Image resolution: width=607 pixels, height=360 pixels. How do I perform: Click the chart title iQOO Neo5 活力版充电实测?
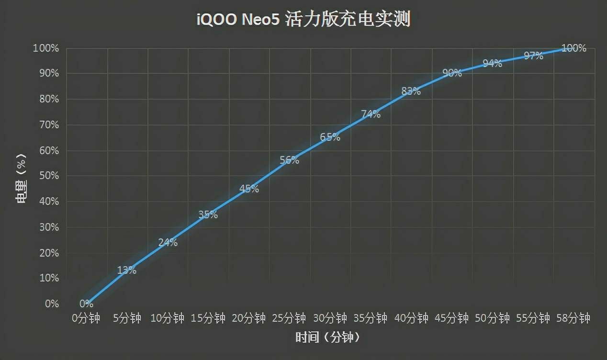tap(303, 21)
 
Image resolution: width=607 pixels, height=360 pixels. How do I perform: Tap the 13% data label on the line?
tap(127, 270)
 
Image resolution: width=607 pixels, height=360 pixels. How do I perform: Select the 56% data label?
tap(290, 160)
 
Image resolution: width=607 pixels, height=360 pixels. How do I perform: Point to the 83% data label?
tap(411, 91)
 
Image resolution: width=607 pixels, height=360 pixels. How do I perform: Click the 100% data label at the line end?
tap(573, 48)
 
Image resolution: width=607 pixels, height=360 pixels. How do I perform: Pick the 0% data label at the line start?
tap(86, 304)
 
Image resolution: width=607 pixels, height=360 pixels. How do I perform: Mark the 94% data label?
tap(492, 63)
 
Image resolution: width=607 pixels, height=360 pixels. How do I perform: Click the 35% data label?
tap(208, 215)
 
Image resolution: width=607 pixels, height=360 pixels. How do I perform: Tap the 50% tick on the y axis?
tap(46, 176)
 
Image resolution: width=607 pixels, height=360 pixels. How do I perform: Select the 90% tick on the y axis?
tap(46, 74)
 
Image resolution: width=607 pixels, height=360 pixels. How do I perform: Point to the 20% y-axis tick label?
tap(46, 253)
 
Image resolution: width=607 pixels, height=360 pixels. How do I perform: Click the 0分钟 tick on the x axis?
tap(86, 318)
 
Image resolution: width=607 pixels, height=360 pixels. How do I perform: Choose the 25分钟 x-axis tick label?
tap(289, 318)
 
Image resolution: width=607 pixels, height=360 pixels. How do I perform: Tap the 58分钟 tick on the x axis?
tap(573, 318)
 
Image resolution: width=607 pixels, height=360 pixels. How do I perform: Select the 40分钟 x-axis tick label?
tap(411, 318)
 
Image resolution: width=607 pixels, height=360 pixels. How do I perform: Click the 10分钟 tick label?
tap(168, 318)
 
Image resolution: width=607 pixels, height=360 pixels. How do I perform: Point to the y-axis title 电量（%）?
tap(22, 176)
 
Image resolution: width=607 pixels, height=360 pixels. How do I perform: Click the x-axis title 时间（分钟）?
tap(327, 337)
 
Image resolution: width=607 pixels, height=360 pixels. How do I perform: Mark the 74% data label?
tap(371, 114)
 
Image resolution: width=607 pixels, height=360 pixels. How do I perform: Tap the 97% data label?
tap(533, 56)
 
